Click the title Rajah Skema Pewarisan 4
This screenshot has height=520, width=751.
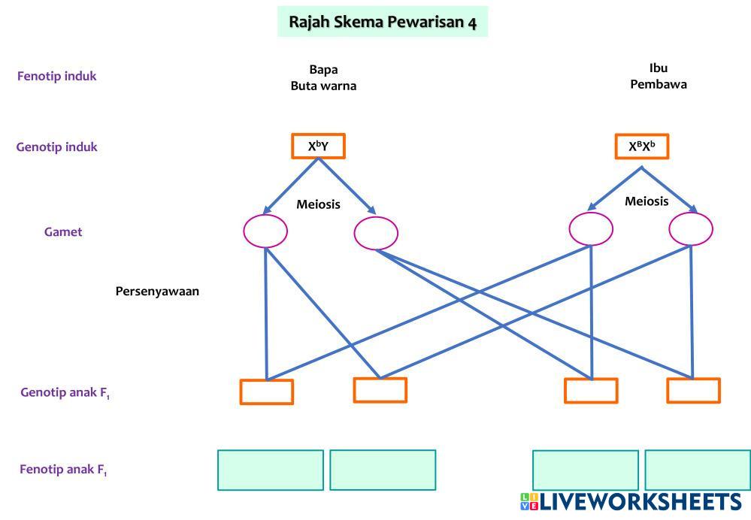383,22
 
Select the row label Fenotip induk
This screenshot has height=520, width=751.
57,76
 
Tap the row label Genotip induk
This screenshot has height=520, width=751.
57,147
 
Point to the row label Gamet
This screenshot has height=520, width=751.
63,232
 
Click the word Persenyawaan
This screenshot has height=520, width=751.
157,292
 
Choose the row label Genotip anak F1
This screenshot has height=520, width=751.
65,392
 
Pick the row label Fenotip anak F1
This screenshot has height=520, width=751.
64,470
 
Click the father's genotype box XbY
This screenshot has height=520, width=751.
318,147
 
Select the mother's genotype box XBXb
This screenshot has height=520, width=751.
641,147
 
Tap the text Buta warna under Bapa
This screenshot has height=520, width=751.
323,86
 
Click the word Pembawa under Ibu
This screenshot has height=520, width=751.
659,84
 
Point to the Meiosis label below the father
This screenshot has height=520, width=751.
318,204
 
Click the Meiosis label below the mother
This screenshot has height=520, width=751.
647,201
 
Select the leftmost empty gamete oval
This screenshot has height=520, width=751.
265,231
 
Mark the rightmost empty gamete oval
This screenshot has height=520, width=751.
691,229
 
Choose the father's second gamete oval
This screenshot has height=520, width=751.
376,233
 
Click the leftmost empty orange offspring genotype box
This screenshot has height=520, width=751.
267,392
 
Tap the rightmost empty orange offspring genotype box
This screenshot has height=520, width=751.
693,391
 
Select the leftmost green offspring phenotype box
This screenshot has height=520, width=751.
271,470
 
